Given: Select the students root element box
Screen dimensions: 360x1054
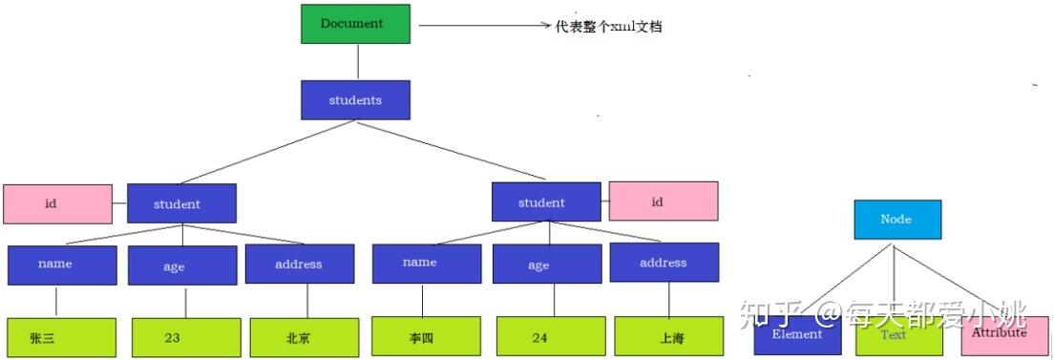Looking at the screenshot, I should pyautogui.click(x=355, y=99).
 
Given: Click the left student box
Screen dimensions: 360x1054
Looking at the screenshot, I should pyautogui.click(x=181, y=203).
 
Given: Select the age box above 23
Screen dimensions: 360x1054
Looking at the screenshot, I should pyautogui.click(x=182, y=265).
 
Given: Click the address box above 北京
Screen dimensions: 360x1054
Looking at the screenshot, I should pyautogui.click(x=300, y=264).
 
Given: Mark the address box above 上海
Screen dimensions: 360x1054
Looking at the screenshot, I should pyautogui.click(x=664, y=263).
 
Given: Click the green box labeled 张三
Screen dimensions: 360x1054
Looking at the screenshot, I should pyautogui.click(x=61, y=337).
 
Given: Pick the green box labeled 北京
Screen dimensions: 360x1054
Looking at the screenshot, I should pyautogui.click(x=305, y=337).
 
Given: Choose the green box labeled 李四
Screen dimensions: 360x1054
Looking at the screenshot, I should pyautogui.click(x=426, y=336).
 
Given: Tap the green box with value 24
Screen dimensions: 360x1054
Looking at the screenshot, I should pyautogui.click(x=551, y=336).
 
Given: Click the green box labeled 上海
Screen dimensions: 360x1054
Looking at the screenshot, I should pyautogui.click(x=669, y=336).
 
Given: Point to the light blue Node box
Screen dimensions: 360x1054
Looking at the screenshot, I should pyautogui.click(x=896, y=220).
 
